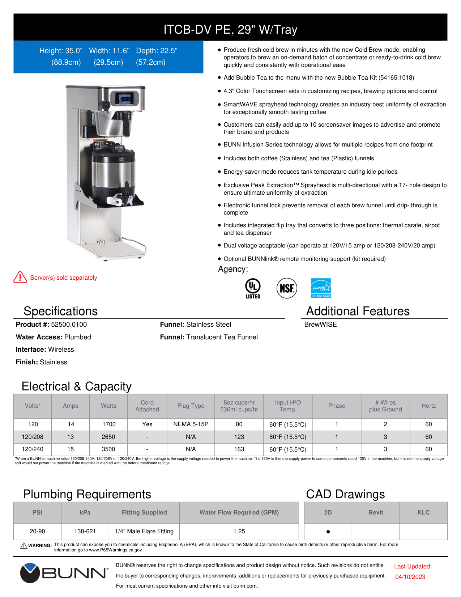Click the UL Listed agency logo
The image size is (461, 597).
click(x=253, y=288)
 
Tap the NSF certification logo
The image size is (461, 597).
click(x=287, y=288)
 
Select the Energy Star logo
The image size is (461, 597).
click(x=321, y=288)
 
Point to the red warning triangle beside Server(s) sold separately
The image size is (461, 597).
click(x=20, y=278)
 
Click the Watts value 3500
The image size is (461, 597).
click(x=108, y=449)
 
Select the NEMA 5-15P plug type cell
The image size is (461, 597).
click(x=191, y=424)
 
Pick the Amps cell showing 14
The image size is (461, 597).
click(x=71, y=424)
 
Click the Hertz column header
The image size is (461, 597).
click(x=428, y=406)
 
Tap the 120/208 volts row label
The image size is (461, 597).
click(x=33, y=437)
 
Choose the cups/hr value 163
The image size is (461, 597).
click(x=239, y=449)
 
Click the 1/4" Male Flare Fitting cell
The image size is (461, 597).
click(x=144, y=531)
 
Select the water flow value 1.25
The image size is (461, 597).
click(x=239, y=531)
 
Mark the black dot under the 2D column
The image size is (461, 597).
click(x=328, y=532)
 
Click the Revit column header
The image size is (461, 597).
click(x=376, y=512)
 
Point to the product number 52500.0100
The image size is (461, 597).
click(x=69, y=325)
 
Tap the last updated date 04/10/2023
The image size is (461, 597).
click(x=410, y=577)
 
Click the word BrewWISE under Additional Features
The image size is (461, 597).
click(x=320, y=325)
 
